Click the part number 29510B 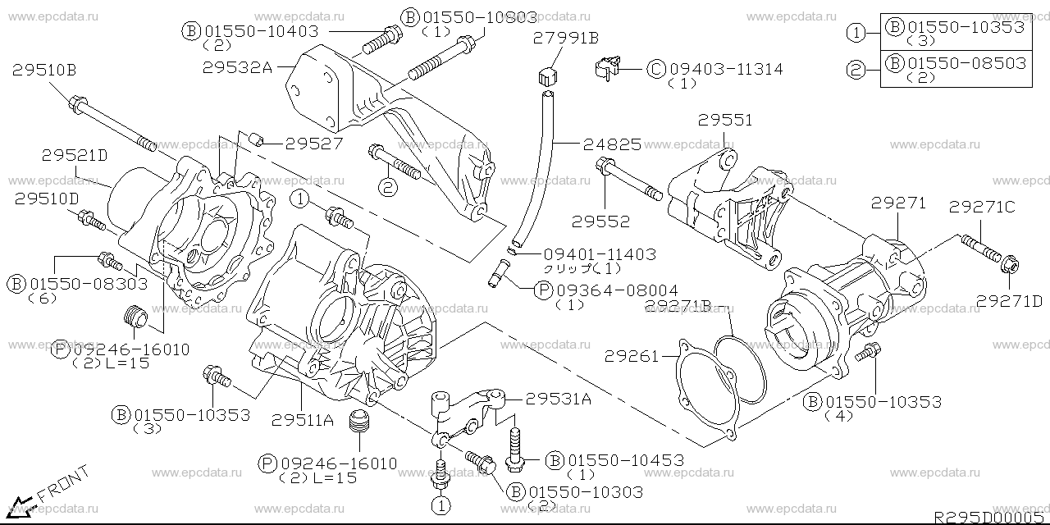[44, 71]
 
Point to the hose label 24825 [612, 146]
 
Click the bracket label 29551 [725, 121]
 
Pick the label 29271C [983, 208]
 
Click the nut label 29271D [1009, 301]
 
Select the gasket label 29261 [632, 356]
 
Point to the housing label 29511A [303, 420]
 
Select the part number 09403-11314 [726, 69]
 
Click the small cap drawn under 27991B [547, 78]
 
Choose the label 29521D [75, 153]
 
